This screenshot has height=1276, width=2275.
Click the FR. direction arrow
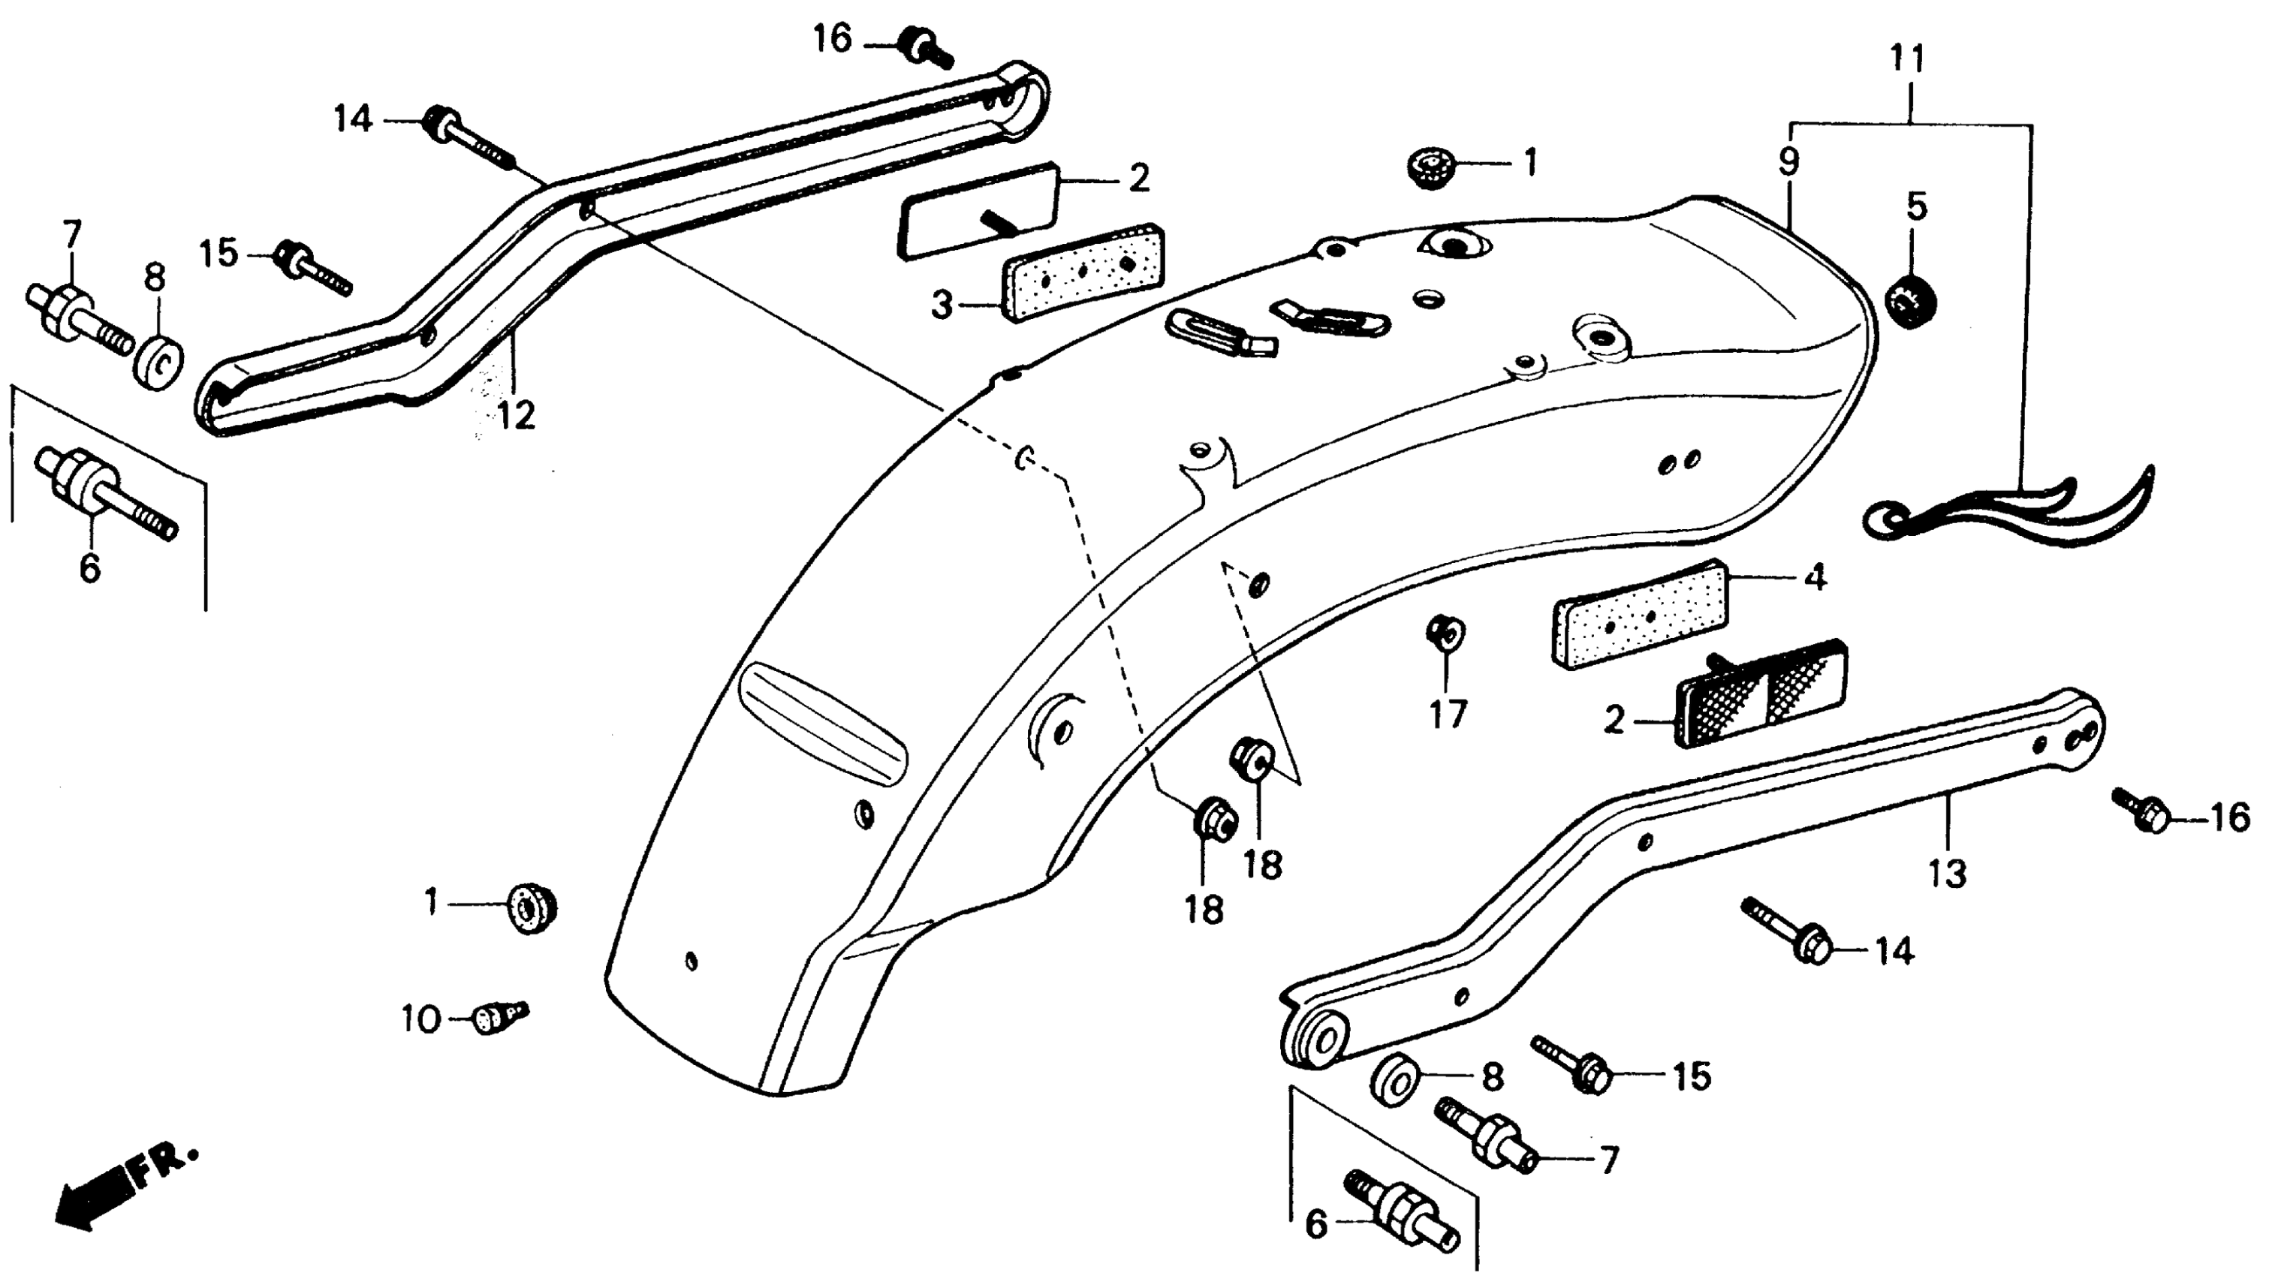tap(124, 1187)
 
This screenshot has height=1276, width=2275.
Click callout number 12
tap(516, 414)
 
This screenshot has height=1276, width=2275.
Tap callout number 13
tap(1948, 874)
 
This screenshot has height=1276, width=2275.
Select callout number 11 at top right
tap(1908, 59)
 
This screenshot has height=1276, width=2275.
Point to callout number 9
tap(1788, 161)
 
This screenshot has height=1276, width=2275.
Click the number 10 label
tap(421, 1021)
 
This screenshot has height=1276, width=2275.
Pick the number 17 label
tap(1448, 714)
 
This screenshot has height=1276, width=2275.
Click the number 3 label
tap(942, 306)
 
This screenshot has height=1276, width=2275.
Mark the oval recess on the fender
tap(823, 721)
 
